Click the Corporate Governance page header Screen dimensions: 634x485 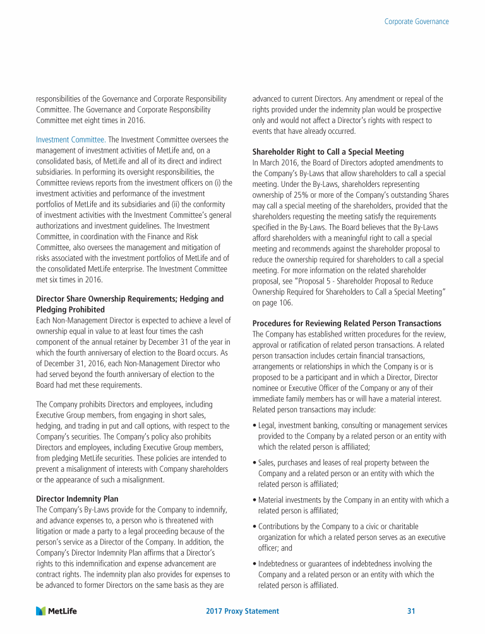[416, 21]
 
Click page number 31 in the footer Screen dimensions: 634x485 [411, 611]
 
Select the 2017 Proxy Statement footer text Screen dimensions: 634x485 [242, 611]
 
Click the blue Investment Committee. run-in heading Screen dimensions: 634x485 [69, 139]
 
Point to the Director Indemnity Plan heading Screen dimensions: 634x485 [76, 499]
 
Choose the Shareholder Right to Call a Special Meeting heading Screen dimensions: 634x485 [328, 152]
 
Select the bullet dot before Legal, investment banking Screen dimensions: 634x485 [254, 426]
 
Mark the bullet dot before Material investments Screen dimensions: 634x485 [254, 500]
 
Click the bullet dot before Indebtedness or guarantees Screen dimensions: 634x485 [254, 564]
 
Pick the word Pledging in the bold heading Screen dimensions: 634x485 [54, 310]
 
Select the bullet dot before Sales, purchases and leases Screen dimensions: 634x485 [254, 463]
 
